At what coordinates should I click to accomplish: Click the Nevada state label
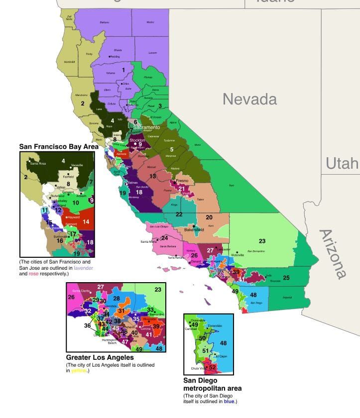[249, 99]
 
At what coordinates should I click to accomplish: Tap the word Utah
[342, 163]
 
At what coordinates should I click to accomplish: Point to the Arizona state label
[332, 253]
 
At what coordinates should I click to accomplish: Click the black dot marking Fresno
[177, 181]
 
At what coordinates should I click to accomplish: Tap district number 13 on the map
[153, 176]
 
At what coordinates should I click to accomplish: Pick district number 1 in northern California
[123, 70]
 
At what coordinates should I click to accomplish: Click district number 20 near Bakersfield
[209, 217]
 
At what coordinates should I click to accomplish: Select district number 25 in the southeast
[286, 277]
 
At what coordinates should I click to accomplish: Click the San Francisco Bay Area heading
[58, 147]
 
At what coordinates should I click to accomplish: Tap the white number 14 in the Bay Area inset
[86, 221]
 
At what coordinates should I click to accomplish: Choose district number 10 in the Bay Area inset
[76, 203]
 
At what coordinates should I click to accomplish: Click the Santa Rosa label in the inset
[35, 164]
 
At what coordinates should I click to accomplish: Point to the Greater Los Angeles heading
[100, 357]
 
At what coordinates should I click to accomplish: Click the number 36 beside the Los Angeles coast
[88, 325]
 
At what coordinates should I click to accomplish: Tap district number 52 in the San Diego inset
[213, 367]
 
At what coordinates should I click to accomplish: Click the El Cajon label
[221, 356]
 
